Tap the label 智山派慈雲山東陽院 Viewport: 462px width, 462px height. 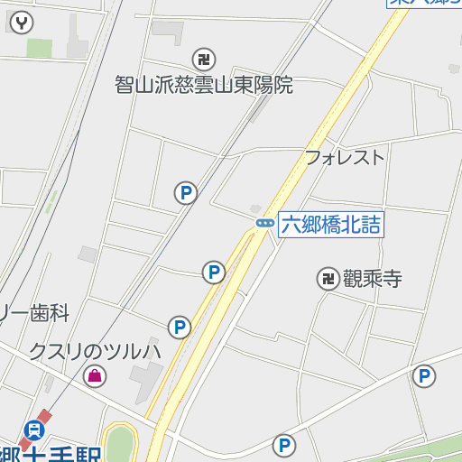point(204,85)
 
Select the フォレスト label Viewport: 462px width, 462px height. point(344,157)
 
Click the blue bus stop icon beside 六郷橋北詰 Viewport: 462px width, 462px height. point(264,223)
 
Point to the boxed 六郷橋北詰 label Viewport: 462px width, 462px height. point(330,225)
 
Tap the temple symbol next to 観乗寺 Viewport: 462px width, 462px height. point(327,279)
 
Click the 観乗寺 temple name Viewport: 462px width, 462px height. point(372,279)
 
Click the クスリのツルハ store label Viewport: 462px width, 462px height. point(94,350)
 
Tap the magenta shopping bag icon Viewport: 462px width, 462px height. point(94,375)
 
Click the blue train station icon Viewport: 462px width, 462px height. point(35,430)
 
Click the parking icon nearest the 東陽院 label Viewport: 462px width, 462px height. point(186,192)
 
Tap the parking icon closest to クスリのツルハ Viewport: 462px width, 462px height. point(180,328)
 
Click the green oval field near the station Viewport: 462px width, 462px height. point(119,444)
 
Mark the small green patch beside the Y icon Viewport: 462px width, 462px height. point(39,48)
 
